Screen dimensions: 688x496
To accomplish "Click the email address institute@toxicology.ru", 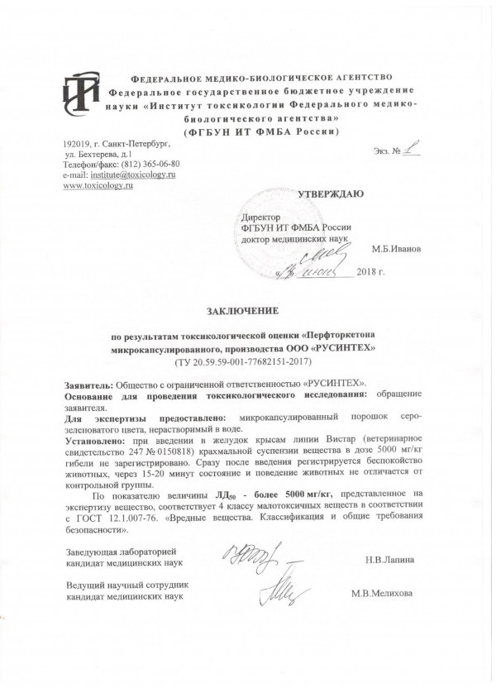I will [x=134, y=174].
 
